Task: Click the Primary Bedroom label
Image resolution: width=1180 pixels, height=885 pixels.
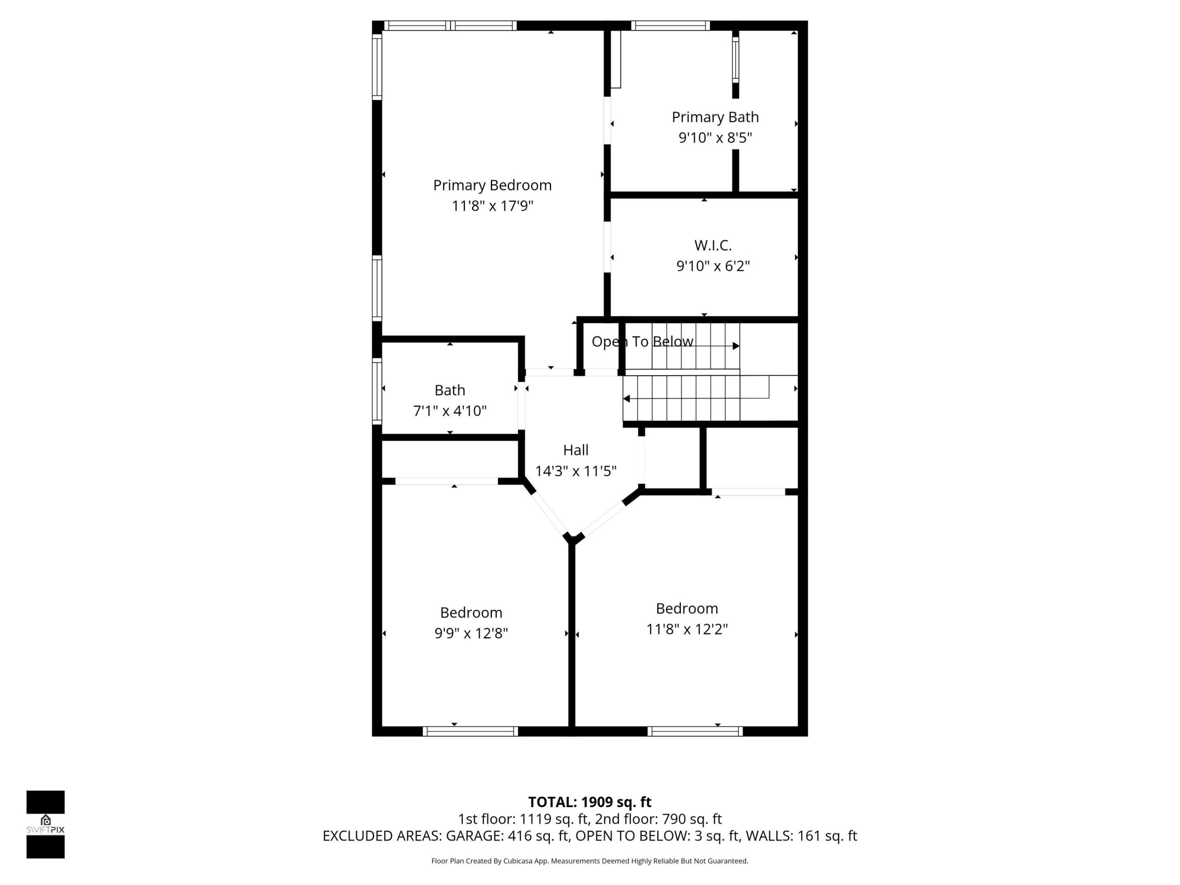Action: pos(492,185)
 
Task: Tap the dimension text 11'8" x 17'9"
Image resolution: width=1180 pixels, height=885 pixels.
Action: pos(492,206)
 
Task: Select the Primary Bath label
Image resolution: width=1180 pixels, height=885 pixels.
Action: pos(715,117)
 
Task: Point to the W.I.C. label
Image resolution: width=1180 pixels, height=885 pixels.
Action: pos(713,245)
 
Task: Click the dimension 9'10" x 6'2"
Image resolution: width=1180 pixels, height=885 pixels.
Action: pos(713,265)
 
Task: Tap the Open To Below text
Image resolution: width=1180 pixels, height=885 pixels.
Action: pos(642,341)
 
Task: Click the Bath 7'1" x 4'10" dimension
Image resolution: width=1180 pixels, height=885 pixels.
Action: pos(450,411)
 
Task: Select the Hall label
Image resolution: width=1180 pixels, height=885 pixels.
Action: pos(576,450)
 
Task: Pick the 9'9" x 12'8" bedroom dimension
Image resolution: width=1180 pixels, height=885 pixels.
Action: pos(471,633)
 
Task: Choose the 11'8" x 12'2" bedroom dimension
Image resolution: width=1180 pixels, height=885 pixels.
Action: pos(687,629)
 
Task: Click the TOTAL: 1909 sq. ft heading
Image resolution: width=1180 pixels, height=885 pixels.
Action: pos(590,802)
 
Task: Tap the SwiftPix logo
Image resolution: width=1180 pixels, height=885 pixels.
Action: pos(45,824)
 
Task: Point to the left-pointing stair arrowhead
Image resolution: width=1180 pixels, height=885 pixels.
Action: pos(627,399)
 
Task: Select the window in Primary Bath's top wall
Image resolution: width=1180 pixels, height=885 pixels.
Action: pos(671,25)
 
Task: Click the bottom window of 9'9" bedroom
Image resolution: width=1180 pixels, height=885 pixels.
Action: pos(470,731)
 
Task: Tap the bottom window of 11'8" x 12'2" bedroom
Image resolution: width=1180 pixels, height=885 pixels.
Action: pos(695,731)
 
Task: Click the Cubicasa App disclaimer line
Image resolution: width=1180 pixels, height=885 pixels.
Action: pos(590,860)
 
